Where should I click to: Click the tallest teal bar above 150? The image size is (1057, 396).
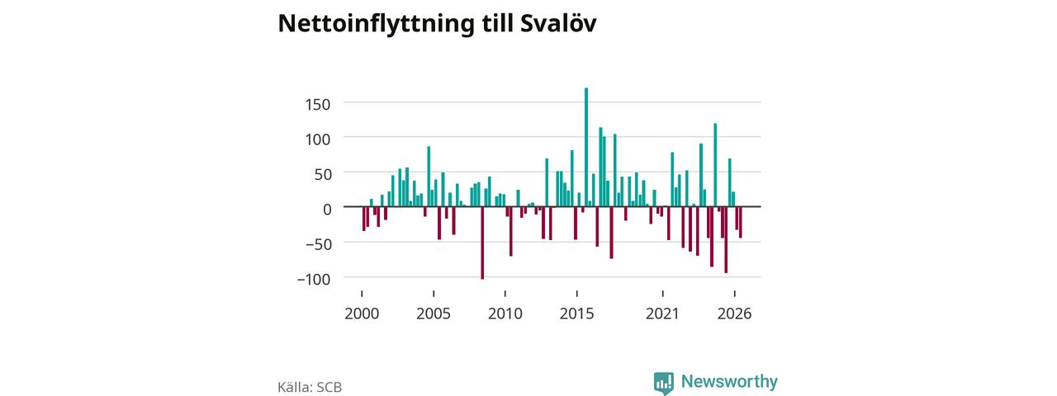coord(586,147)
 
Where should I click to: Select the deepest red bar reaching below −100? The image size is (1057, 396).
coord(482,243)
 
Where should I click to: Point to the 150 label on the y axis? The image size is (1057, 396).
coord(318,104)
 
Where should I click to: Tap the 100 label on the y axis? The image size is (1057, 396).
coord(318,139)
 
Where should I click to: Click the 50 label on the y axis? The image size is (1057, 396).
coord(323,174)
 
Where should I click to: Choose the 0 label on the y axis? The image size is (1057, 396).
coord(327,209)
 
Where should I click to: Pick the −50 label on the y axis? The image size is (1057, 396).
coord(318,243)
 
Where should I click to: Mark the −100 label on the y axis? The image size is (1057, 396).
coord(314,279)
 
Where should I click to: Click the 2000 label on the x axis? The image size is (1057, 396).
coord(362,313)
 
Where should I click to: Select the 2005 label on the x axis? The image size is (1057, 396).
coord(434,313)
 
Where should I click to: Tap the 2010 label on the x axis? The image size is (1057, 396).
coord(505,313)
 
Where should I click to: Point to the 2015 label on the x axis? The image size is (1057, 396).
coord(576,313)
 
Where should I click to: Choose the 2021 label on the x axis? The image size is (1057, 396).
coord(662,313)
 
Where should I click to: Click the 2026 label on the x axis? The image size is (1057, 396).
coord(734,313)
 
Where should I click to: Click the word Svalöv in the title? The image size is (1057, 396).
coord(558,23)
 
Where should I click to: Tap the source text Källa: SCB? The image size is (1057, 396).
coord(310,387)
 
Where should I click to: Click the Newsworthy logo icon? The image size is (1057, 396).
coord(663,383)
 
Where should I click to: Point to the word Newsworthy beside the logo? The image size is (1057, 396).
coord(729,381)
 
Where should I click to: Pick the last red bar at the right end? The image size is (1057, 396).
coord(741,223)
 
